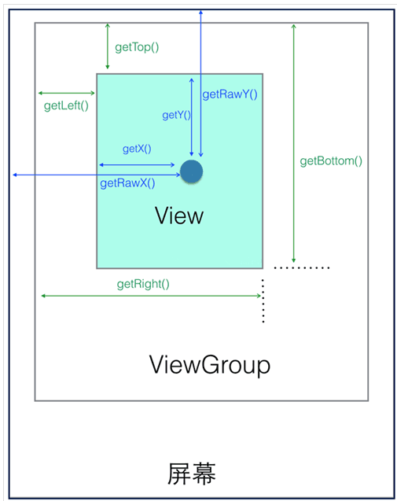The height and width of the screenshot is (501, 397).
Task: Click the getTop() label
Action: tap(137, 47)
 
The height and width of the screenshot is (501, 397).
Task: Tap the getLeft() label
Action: tap(66, 105)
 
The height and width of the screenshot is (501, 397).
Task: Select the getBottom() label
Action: tap(331, 160)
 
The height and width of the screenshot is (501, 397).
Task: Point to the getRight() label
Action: tap(143, 284)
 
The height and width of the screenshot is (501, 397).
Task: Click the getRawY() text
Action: tap(230, 94)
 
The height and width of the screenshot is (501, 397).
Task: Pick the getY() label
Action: tap(176, 115)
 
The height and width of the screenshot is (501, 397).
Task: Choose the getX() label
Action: tap(137, 149)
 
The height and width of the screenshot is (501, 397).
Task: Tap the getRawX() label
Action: tap(127, 183)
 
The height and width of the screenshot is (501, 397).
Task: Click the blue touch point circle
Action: tap(191, 171)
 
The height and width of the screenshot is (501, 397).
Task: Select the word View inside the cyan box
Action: tap(179, 216)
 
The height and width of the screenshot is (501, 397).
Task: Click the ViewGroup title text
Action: tap(210, 365)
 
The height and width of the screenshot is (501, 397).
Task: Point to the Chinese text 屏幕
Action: tap(192, 473)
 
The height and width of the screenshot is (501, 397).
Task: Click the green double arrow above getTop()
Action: tap(108, 46)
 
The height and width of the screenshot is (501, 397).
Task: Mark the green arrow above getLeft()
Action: tap(67, 93)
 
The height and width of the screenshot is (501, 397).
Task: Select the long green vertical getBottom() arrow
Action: tap(293, 143)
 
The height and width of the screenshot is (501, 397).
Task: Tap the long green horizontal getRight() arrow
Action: tap(152, 296)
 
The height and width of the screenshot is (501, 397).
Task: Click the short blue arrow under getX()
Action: tap(137, 165)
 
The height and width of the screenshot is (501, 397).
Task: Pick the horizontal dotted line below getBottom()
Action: tap(302, 267)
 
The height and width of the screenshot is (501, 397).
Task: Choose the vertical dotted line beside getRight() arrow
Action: tap(263, 300)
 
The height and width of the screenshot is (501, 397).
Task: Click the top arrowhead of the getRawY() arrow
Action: tap(200, 11)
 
